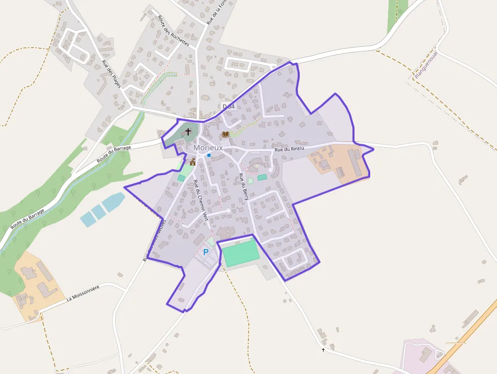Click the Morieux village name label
coord(208,147)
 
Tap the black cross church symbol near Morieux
coord(188,131)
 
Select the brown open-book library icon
coord(225,134)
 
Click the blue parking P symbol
coord(206,252)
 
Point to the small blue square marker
coord(208,155)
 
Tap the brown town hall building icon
coord(192,162)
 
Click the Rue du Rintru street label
coord(289,150)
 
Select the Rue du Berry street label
coord(243,186)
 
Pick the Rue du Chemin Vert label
coord(198,200)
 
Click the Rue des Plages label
coord(112,74)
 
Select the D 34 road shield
coord(229,106)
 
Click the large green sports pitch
coord(241,253)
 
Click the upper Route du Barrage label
coord(114,154)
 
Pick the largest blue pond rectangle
coord(114,202)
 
